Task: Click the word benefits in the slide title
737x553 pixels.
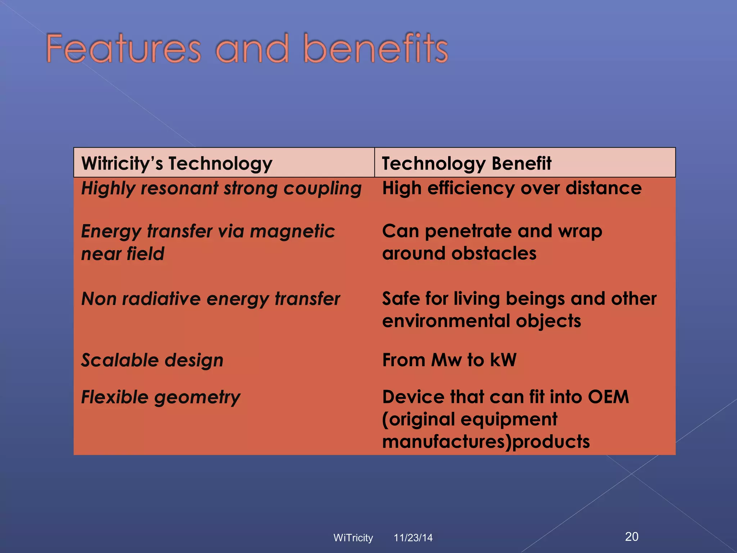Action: (x=376, y=49)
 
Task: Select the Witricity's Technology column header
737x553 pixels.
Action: (x=177, y=163)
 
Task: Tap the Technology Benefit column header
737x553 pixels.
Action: (x=466, y=163)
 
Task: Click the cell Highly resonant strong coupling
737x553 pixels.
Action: (x=221, y=189)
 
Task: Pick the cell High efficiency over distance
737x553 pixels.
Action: (x=512, y=188)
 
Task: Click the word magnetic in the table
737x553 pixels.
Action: (x=292, y=231)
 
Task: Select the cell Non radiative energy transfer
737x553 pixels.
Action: (x=211, y=299)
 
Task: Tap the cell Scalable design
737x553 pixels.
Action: (x=152, y=360)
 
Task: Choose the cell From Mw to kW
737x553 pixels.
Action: (x=449, y=360)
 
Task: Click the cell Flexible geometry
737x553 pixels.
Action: (x=160, y=397)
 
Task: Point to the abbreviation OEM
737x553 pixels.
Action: (x=608, y=397)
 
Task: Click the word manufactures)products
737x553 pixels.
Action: (x=486, y=442)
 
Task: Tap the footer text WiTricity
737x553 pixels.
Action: (x=353, y=538)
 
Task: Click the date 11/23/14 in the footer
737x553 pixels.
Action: (x=413, y=538)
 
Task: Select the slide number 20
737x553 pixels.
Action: (x=632, y=536)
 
